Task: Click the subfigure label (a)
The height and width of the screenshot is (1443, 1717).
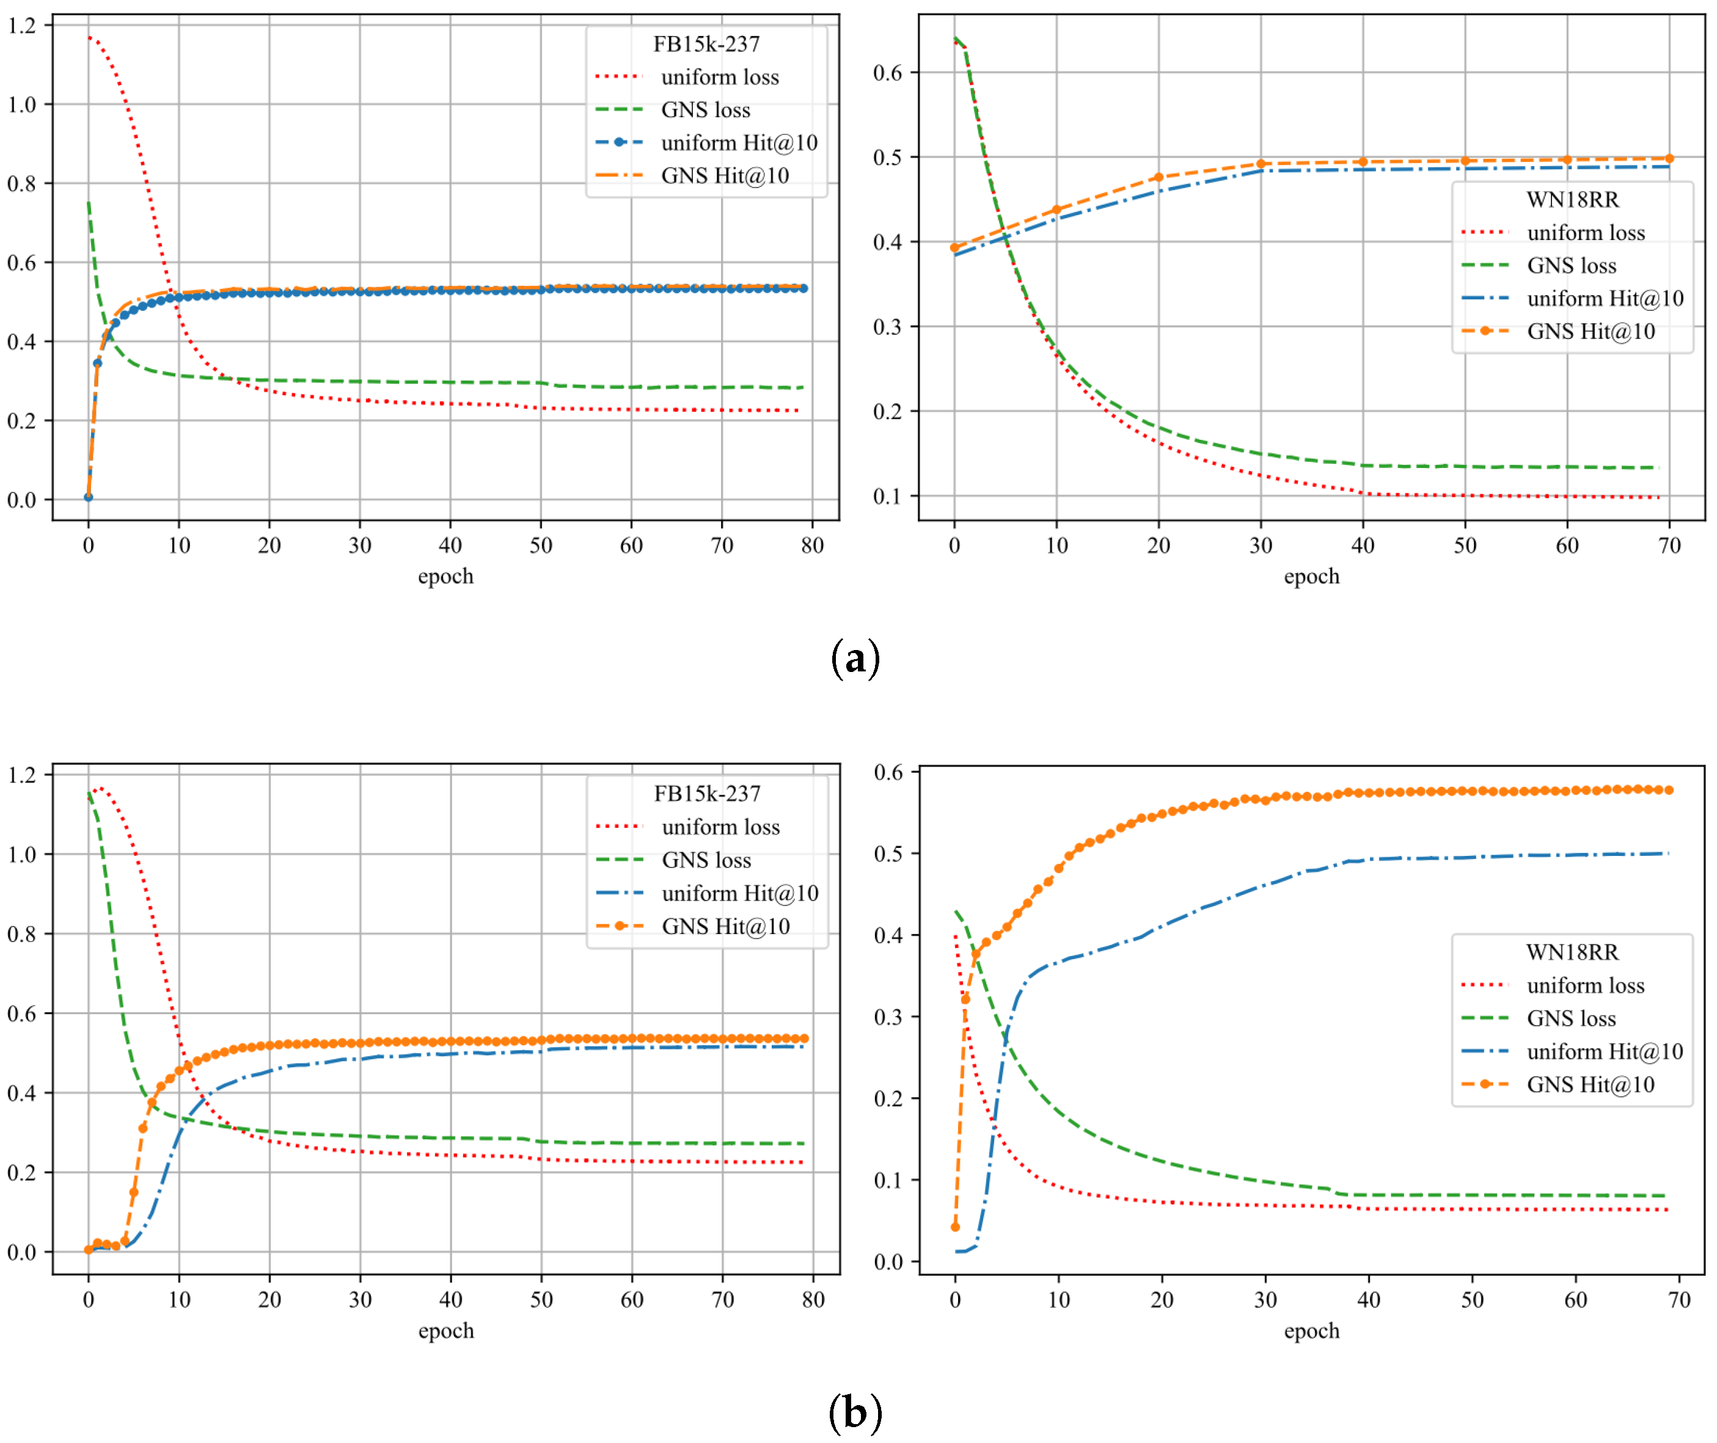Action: point(855,659)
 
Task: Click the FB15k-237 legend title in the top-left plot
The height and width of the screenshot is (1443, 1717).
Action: point(706,44)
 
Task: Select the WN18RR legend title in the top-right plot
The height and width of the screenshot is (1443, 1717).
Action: point(1572,200)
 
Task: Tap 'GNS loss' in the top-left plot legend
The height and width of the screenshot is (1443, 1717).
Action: point(705,109)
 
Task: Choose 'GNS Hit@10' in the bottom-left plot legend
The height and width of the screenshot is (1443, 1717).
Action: point(725,926)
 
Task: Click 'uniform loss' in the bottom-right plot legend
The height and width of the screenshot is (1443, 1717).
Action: point(1585,985)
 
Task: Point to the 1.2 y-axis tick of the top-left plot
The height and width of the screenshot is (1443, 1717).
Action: point(22,26)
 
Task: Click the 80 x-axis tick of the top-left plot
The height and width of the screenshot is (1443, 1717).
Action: point(812,546)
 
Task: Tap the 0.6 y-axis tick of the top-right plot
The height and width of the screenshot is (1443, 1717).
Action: point(888,73)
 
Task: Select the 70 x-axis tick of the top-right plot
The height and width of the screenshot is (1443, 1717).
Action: point(1669,546)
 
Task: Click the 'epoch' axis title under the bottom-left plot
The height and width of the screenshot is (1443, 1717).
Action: point(446,1330)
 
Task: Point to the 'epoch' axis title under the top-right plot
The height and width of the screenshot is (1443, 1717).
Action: point(1311,576)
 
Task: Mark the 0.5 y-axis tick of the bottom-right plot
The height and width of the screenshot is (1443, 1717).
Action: point(888,854)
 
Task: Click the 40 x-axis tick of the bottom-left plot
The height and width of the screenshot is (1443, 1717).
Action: point(451,1300)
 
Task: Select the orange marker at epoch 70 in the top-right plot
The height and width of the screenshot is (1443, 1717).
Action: point(1669,159)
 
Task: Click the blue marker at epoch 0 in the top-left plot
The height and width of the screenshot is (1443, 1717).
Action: point(89,497)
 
